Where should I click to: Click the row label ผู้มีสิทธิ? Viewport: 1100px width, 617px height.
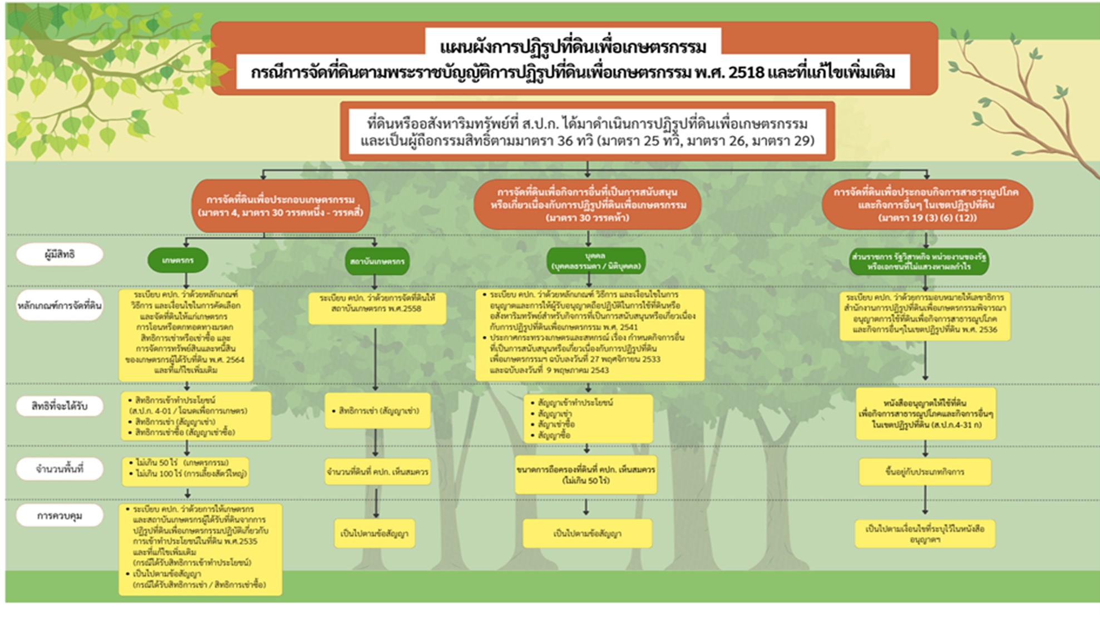point(60,255)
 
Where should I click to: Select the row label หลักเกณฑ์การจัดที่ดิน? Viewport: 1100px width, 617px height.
point(60,306)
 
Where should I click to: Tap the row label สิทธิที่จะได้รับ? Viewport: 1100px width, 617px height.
point(60,406)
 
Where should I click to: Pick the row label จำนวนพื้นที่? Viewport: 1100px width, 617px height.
point(60,469)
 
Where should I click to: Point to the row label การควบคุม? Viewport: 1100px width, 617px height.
point(60,516)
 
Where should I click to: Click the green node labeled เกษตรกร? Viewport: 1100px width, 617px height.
point(178,260)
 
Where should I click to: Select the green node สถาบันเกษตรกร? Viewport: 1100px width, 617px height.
point(377,261)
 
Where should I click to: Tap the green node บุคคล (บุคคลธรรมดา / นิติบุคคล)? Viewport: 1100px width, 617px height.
point(595,261)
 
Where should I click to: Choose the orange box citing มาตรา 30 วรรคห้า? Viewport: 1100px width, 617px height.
point(588,205)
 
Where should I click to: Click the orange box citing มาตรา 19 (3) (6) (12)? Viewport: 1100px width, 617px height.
point(927,205)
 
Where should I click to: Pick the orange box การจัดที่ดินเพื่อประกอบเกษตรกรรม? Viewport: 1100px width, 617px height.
point(280,206)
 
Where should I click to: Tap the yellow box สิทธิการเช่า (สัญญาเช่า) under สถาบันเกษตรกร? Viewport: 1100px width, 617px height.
point(378,411)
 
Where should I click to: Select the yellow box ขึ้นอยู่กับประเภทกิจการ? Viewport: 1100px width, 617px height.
point(925,472)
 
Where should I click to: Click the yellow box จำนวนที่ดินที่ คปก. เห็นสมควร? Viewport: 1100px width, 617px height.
point(377,472)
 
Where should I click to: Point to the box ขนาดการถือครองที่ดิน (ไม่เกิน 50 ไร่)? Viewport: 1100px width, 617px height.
point(585,475)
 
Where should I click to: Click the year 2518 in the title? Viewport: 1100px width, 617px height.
point(746,73)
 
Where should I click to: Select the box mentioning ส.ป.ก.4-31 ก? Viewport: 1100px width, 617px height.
point(926,414)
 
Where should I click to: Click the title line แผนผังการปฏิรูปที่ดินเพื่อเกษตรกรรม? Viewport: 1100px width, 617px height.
point(573,47)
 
